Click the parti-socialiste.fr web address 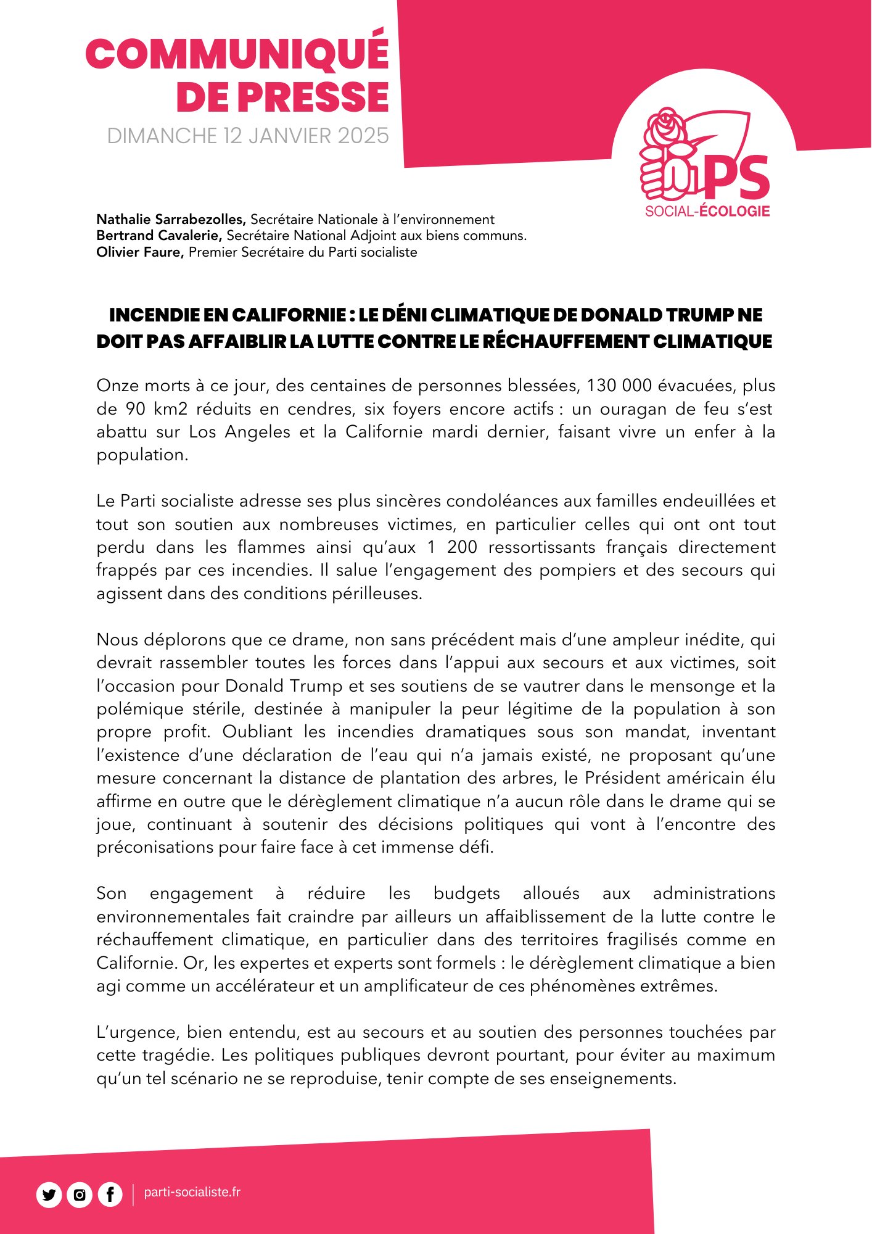[192, 1192]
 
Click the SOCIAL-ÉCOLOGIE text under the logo [707, 211]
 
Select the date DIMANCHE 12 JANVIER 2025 [248, 136]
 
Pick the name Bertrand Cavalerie [159, 235]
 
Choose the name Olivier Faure [140, 252]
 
